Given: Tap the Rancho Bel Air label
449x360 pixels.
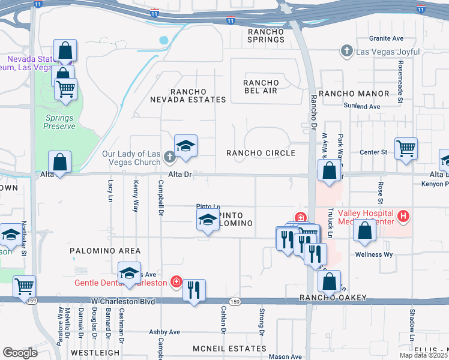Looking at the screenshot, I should click(x=261, y=86).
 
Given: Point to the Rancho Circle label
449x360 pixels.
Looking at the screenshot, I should click(x=261, y=153).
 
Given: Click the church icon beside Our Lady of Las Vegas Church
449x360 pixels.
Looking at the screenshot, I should click(x=169, y=158).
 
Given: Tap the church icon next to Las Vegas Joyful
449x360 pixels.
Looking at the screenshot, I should click(x=346, y=52).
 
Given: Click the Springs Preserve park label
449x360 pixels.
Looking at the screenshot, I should click(x=60, y=122).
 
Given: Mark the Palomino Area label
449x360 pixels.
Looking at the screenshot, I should click(x=105, y=251).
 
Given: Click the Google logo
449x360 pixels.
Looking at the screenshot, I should click(x=20, y=352).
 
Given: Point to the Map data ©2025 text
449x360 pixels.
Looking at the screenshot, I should click(x=423, y=355).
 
